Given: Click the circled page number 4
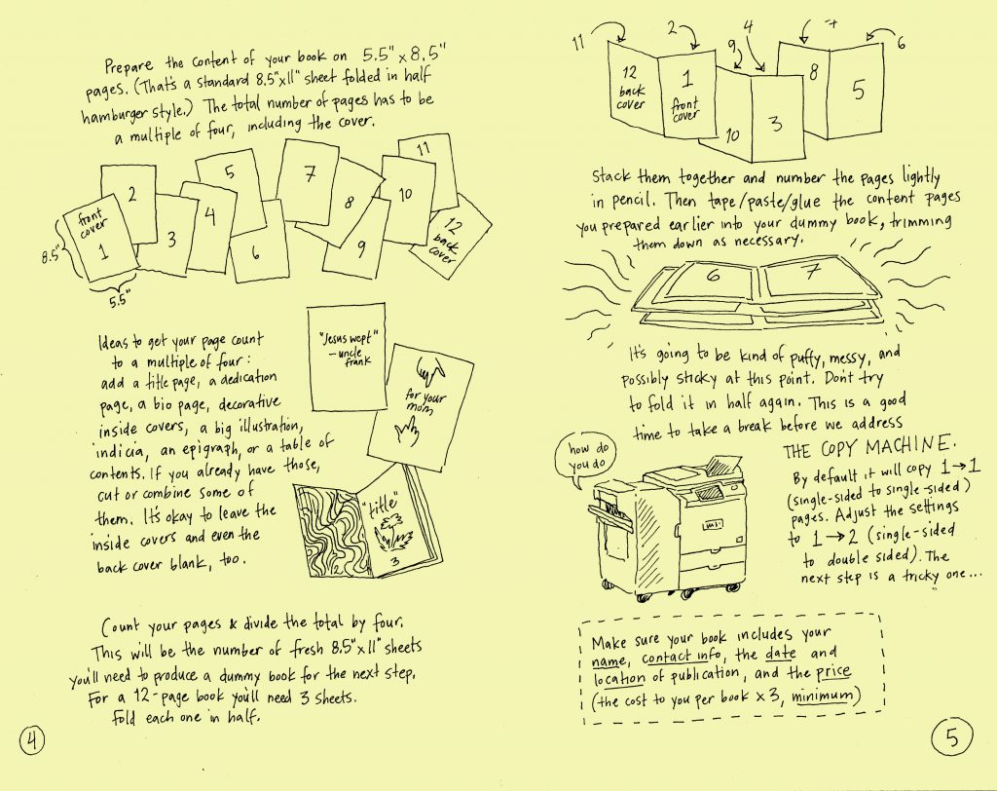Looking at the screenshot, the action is coord(32,740).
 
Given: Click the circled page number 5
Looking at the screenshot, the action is coord(952,736).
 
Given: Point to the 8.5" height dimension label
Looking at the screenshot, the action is coord(51,256).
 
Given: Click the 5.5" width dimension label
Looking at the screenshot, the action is coord(118,300).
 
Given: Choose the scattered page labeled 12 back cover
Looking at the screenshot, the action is coord(451,237).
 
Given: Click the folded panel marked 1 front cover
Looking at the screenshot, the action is coord(686,95).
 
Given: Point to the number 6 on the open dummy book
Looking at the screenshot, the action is coord(714,275).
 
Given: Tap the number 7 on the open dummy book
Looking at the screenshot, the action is coord(813,272).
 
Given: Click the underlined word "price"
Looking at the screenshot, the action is coord(833,672).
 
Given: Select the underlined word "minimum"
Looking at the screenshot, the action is coord(823,696).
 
